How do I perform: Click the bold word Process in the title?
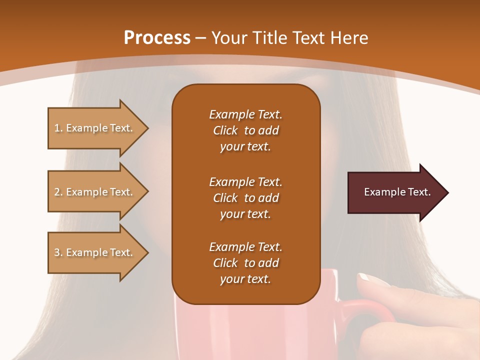(157, 37)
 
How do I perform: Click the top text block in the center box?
(245, 130)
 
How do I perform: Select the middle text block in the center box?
(245, 198)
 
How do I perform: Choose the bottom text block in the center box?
(245, 263)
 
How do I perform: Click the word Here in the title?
(349, 37)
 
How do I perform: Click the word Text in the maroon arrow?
(420, 192)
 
